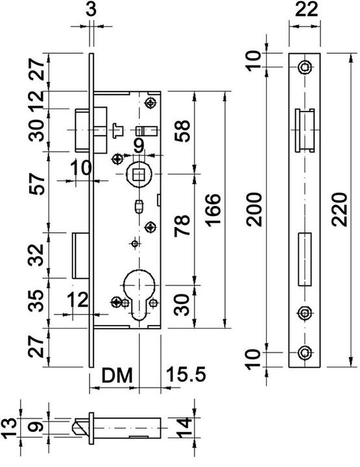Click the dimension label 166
(x=213, y=210)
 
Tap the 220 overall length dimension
(x=340, y=210)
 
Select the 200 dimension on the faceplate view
(x=254, y=210)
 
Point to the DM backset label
(x=117, y=376)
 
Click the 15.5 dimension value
(x=186, y=374)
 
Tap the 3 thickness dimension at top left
(x=91, y=10)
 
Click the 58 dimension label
(x=182, y=131)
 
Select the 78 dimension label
(x=182, y=226)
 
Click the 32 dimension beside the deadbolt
(x=37, y=255)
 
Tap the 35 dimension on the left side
(x=37, y=301)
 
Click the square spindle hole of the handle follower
(x=138, y=175)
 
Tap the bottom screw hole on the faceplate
(x=304, y=353)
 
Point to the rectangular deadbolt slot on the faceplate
(x=305, y=259)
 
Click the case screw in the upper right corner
(x=151, y=103)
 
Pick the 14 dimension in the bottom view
(x=184, y=427)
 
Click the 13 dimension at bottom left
(x=8, y=428)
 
